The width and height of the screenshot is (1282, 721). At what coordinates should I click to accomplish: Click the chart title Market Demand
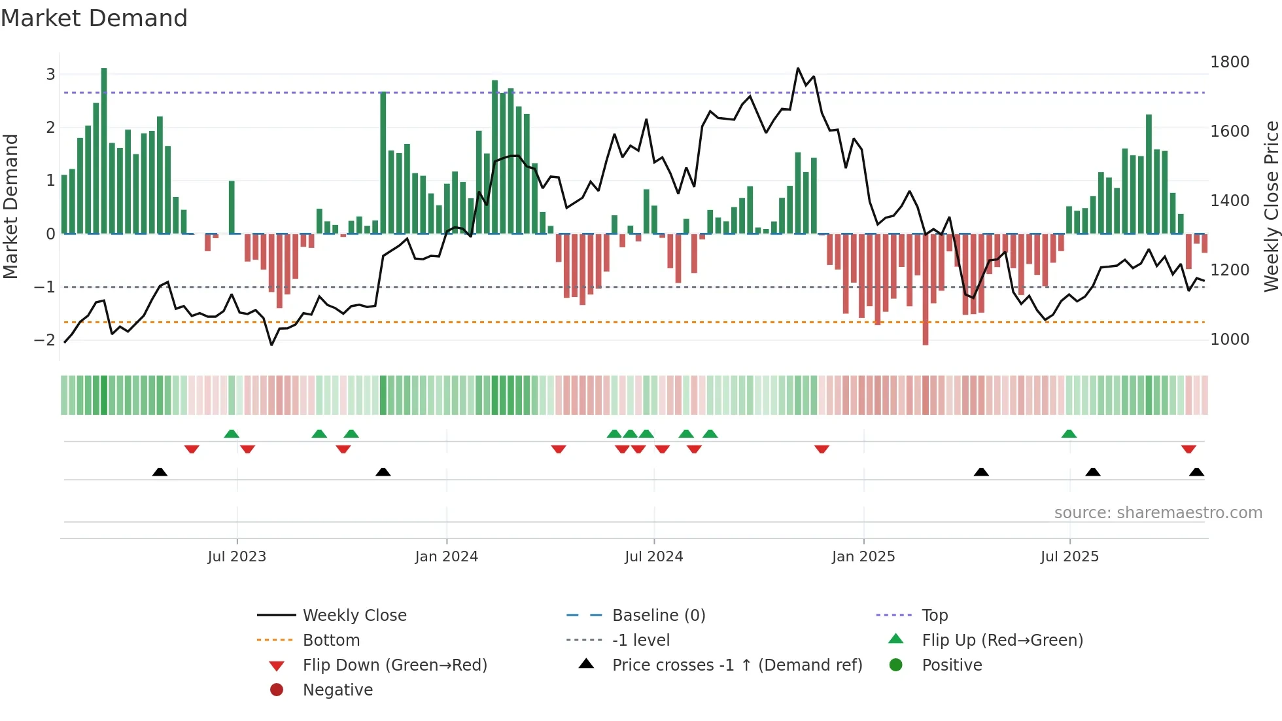coord(94,18)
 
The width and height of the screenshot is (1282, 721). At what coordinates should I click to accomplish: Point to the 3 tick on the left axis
coord(50,74)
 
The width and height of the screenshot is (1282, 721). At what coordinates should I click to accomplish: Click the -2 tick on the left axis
coord(45,340)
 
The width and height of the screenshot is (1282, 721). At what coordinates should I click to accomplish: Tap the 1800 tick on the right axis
coord(1229,62)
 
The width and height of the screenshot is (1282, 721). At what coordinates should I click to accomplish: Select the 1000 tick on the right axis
coord(1229,340)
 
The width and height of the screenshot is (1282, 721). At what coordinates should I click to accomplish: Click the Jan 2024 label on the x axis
coord(446,557)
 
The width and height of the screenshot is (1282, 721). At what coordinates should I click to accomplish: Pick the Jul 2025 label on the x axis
coord(1069,557)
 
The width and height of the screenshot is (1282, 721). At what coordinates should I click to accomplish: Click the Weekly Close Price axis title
coord(1271,206)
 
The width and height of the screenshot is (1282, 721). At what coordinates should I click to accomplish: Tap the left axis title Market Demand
coord(10,206)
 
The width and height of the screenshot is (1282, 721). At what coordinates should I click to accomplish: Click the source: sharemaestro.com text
coord(1158,513)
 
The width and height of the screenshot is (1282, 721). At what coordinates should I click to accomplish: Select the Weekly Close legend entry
coord(354,616)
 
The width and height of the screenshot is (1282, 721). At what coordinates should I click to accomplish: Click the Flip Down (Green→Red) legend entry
coord(394,665)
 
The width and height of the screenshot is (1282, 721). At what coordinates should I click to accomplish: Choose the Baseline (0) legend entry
coord(658,616)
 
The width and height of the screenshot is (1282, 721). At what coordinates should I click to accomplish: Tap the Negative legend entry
coord(338,690)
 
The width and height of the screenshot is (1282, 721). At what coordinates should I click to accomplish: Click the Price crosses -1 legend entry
coord(736,665)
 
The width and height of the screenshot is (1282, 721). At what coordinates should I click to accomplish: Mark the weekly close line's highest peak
coord(798,68)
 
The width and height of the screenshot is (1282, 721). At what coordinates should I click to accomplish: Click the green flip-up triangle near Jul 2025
coord(1069,434)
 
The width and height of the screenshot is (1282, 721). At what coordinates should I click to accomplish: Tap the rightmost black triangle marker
coord(1196,472)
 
